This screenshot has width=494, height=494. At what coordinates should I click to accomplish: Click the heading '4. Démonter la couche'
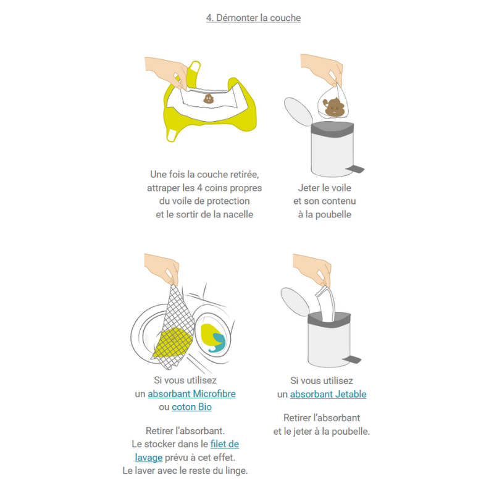[x=253, y=18]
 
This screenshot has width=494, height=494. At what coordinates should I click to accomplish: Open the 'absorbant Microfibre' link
[x=191, y=394]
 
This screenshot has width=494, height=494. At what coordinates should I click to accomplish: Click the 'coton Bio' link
[x=191, y=407]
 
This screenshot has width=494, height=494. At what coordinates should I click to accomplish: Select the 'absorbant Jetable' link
[x=328, y=394]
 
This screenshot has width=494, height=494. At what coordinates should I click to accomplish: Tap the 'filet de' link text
[x=225, y=444]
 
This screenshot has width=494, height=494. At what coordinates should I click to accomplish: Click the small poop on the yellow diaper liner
[x=208, y=99]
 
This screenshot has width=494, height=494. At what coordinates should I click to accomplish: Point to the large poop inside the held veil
[x=333, y=107]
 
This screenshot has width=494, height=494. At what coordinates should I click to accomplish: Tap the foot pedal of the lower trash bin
[x=351, y=359]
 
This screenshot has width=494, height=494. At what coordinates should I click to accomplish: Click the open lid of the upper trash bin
[x=298, y=112]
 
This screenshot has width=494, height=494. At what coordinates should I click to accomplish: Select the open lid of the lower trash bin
[x=295, y=302]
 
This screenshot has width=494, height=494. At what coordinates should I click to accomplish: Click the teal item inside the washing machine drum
[x=218, y=343]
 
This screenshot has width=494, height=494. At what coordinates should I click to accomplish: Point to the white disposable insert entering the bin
[x=325, y=304]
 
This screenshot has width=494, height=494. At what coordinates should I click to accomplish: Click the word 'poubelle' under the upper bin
[x=333, y=214]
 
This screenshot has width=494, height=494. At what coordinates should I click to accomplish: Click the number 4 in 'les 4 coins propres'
[x=199, y=188]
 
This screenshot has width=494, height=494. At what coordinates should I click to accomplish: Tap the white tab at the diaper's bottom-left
[x=172, y=135]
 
